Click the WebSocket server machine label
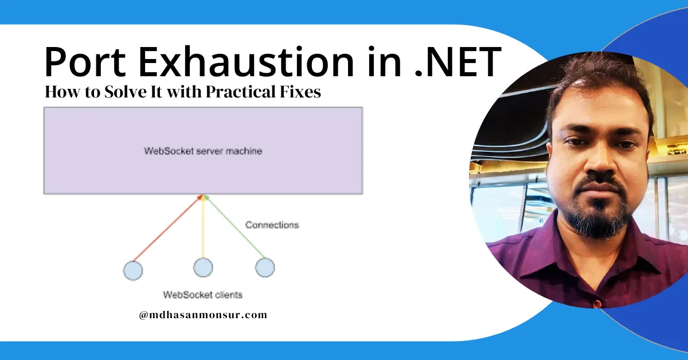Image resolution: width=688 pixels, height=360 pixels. tap(203, 151)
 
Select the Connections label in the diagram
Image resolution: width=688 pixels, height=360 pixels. tap(272, 225)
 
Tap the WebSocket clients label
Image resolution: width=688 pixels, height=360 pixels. tap(202, 295)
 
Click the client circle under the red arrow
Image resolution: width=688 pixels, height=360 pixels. tap(133, 270)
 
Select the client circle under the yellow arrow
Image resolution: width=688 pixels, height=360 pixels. tap(203, 268)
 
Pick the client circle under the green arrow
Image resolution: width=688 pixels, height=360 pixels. tap(264, 267)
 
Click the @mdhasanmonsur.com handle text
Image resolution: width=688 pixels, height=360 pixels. tap(203, 315)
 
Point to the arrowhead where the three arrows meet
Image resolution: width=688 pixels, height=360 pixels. tap(203, 196)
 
